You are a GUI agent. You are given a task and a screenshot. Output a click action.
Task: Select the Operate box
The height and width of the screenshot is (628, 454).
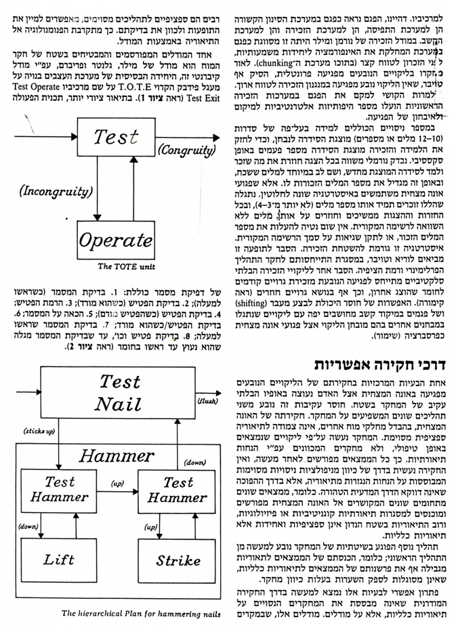click(x=115, y=240)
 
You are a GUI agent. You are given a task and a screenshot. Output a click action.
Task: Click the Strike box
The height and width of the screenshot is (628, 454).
click(x=178, y=560)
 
